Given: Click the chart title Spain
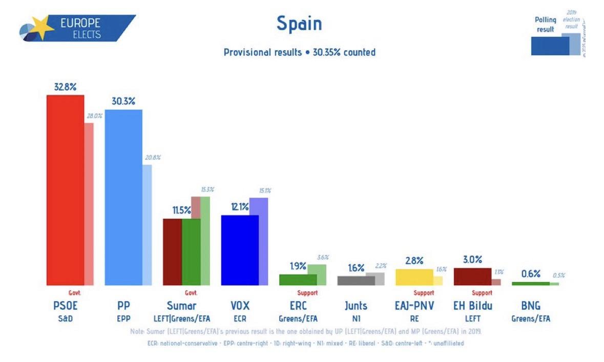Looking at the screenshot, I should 299,24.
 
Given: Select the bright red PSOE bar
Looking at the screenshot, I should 65,189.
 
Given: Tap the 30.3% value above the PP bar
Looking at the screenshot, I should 123,101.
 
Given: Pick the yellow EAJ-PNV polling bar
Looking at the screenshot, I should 414,277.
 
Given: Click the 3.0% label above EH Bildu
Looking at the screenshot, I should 472,260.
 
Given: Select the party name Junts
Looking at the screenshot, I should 356,306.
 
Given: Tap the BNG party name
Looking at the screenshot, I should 530,306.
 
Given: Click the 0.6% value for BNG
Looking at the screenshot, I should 531,274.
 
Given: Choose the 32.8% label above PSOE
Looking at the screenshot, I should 65,87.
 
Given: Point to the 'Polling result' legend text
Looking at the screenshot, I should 546,25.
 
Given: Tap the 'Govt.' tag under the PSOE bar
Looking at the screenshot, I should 75,293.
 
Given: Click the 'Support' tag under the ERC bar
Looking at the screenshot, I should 307,293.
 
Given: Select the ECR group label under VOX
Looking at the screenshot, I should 240,318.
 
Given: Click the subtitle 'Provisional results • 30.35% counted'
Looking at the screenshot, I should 299,52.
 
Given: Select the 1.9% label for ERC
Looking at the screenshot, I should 298,266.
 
